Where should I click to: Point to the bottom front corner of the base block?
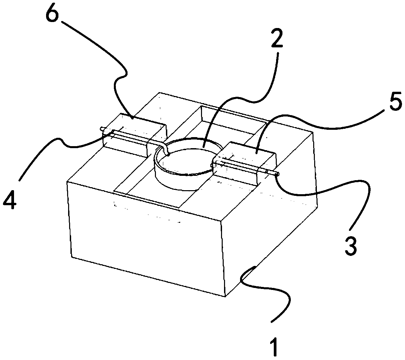[x=225, y=296]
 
